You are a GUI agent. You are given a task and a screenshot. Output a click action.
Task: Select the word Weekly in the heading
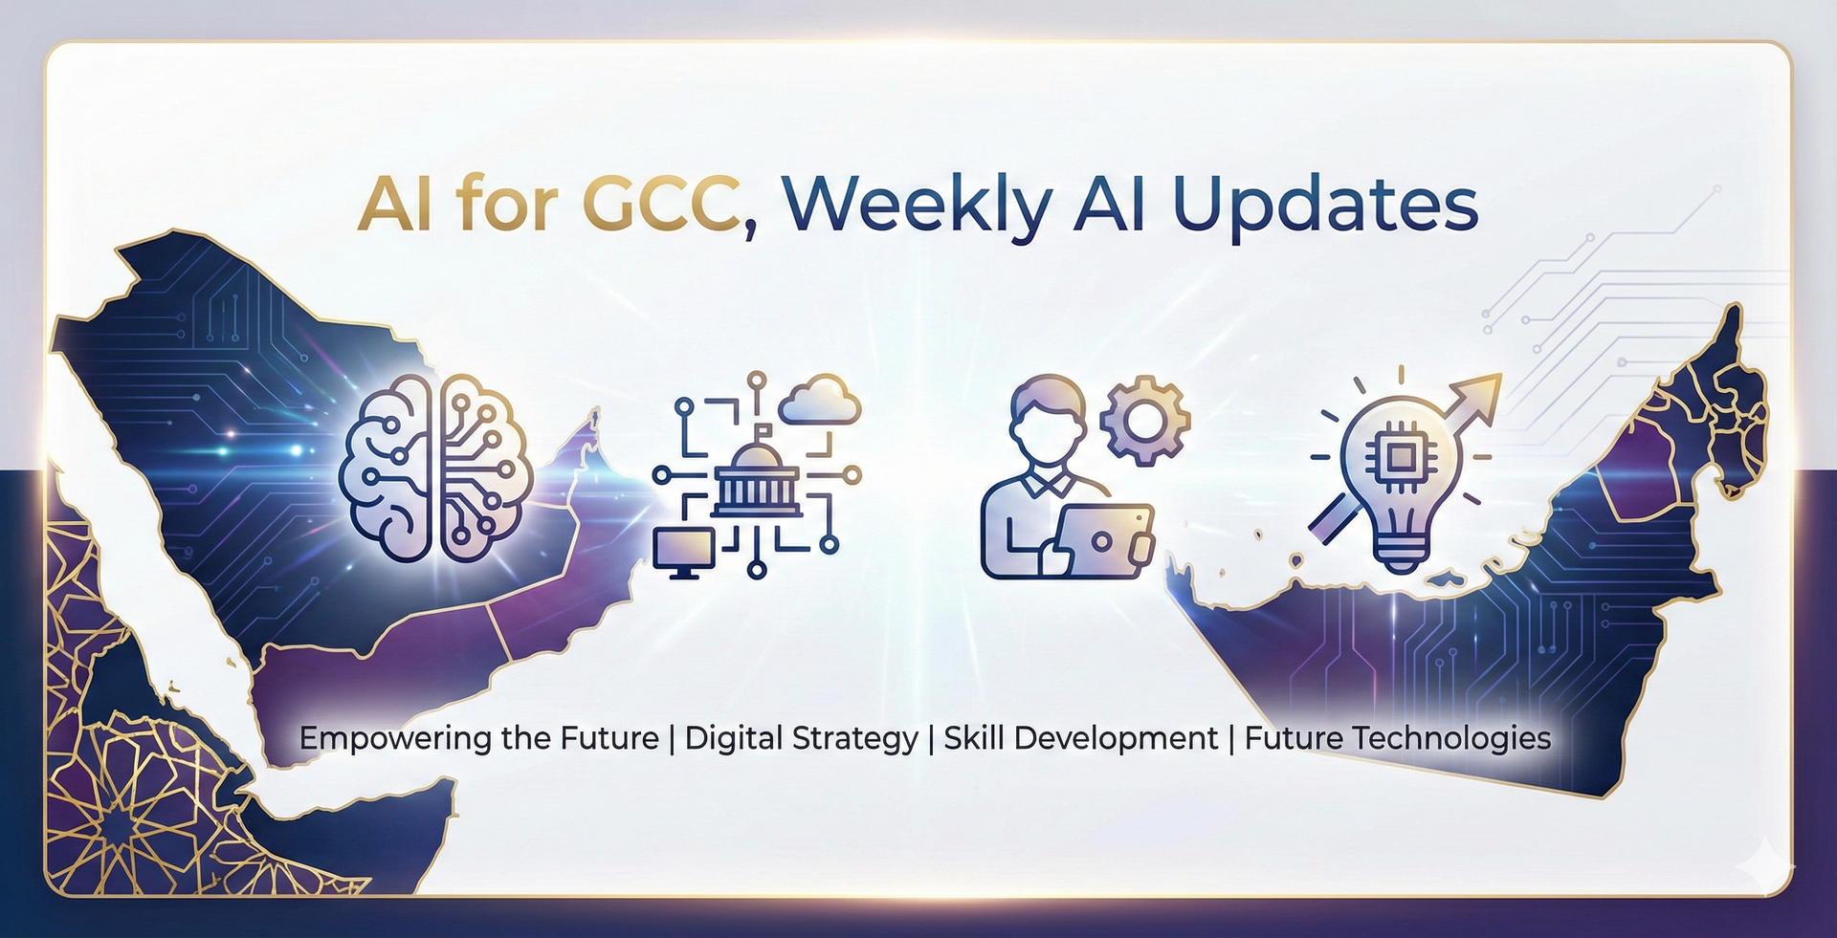[x=916, y=206]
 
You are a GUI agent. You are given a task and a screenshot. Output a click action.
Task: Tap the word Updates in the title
[x=1325, y=206]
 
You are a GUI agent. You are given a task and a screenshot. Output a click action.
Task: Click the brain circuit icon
[x=435, y=468]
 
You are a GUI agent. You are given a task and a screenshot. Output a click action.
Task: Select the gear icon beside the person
[x=1144, y=420]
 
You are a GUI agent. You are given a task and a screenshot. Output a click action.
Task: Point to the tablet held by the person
[x=1105, y=540]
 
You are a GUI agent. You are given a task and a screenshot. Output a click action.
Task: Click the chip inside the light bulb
[x=1400, y=458]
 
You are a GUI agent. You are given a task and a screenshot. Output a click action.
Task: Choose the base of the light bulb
[x=1401, y=552]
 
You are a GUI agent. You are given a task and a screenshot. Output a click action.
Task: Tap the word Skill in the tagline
[x=973, y=738]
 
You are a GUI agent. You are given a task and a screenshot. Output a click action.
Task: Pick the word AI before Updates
[x=1110, y=206]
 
